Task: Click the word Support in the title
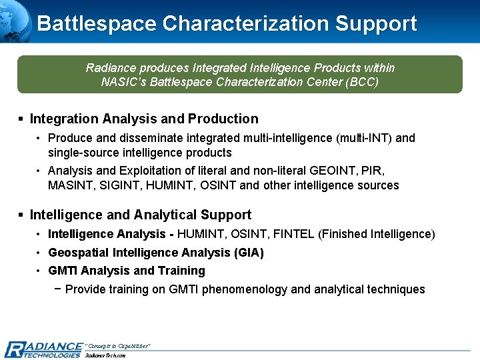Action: (376, 23)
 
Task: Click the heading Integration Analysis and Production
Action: (144, 119)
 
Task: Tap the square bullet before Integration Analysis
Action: (21, 119)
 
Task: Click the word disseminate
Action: (136, 138)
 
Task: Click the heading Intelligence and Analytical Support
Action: (141, 215)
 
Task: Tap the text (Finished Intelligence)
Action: (377, 234)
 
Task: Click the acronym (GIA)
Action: (249, 253)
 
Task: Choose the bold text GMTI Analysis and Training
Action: (127, 271)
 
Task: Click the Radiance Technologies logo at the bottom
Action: (43, 349)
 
